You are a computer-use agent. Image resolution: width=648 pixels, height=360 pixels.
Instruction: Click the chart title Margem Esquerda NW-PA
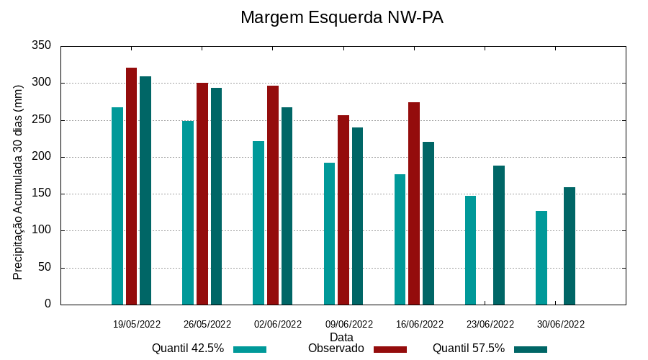(x=341, y=17)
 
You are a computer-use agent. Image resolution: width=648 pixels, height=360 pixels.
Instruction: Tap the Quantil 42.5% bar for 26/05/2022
(x=188, y=212)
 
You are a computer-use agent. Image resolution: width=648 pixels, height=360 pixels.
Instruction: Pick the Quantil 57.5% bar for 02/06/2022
(x=287, y=206)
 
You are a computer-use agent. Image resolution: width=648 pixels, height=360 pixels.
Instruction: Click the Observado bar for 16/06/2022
(x=414, y=203)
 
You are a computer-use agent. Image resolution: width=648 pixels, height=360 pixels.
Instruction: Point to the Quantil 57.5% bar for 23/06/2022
(x=499, y=235)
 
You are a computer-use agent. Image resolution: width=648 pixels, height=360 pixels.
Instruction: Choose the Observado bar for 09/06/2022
(x=343, y=210)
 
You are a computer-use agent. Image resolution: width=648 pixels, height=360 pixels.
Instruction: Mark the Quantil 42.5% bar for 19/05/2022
(x=117, y=206)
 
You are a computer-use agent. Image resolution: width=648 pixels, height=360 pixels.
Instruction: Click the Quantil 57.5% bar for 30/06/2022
(x=570, y=246)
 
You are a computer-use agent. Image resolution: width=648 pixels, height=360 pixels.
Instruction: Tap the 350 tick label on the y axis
(x=42, y=46)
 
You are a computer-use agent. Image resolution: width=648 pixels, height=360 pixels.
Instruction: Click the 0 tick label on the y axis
(x=48, y=305)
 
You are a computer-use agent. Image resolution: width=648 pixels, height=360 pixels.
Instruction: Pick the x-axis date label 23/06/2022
(x=490, y=324)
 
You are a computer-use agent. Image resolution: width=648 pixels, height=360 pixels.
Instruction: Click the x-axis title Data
(x=341, y=337)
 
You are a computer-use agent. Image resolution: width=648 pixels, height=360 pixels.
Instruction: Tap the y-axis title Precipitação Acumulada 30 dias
(x=19, y=181)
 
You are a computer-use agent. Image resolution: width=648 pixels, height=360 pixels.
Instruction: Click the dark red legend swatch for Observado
(x=390, y=349)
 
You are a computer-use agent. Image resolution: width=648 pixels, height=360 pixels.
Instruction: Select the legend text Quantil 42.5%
(x=188, y=348)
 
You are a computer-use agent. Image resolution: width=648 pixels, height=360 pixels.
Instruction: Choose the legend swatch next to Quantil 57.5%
(x=531, y=349)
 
